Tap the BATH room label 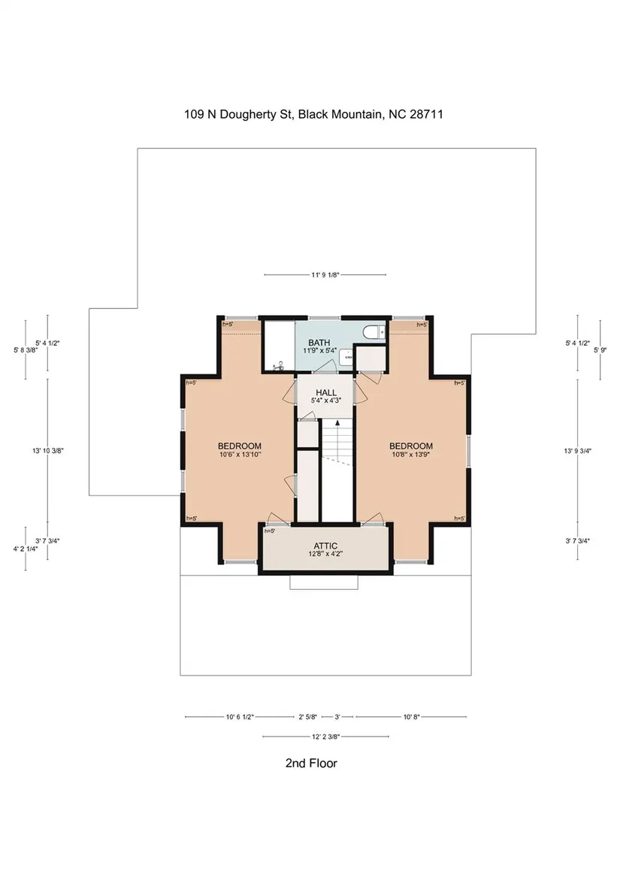tap(319, 342)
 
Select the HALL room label tap(325, 392)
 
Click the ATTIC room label tap(325, 546)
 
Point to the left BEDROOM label tap(240, 446)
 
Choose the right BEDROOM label tap(411, 446)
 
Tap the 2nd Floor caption tap(311, 763)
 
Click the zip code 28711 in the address tap(426, 114)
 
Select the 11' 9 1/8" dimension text tap(325, 274)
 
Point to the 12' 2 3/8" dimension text tap(325, 736)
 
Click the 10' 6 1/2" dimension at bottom tap(240, 716)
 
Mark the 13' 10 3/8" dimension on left tap(47, 450)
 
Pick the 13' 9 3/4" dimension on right tap(577, 450)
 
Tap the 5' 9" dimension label tap(600, 350)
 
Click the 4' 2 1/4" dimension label tap(26, 549)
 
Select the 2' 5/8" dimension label tap(308, 716)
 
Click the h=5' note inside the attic tap(269, 531)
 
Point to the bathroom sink tap(347, 356)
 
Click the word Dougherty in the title tap(247, 115)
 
